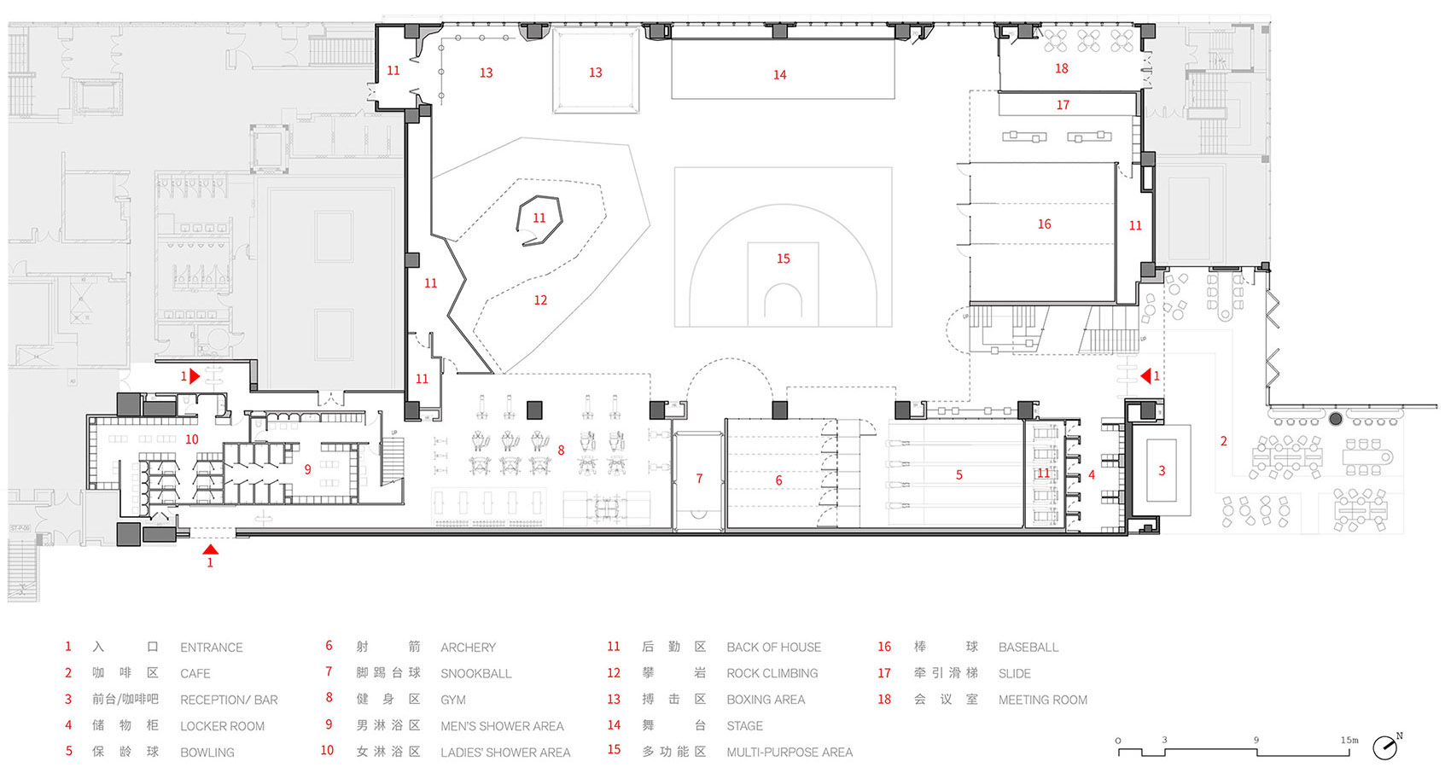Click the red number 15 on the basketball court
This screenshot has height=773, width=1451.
[784, 259]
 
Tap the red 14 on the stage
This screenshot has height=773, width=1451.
[780, 75]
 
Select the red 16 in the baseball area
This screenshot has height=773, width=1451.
[1044, 224]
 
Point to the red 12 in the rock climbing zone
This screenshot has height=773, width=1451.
[540, 299]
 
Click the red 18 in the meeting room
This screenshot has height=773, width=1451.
[1061, 68]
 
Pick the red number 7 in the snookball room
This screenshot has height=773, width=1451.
[700, 479]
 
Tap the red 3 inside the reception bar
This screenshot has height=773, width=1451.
[1163, 471]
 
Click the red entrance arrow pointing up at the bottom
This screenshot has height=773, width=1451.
[211, 549]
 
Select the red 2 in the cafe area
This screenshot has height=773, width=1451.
[1224, 441]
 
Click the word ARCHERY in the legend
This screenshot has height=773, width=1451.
[469, 648]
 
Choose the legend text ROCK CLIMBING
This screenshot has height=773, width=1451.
[772, 673]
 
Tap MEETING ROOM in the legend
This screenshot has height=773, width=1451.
[1043, 700]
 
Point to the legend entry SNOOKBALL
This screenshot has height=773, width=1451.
[476, 673]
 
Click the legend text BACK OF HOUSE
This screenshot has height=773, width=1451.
[774, 648]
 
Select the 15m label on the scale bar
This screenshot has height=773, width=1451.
[1349, 740]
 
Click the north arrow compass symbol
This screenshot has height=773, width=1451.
[1385, 747]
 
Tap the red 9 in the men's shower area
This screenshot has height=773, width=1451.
[307, 469]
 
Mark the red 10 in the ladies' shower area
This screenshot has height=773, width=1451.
[192, 439]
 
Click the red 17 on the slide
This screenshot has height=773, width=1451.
[1063, 105]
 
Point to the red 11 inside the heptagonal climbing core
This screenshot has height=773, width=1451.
[539, 218]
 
